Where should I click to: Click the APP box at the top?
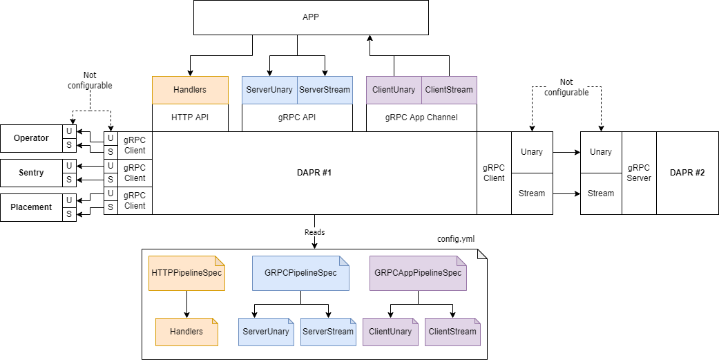(x=311, y=17)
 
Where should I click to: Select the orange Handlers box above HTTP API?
(x=190, y=90)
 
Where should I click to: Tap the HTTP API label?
(x=190, y=117)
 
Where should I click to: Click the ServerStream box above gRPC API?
(x=325, y=90)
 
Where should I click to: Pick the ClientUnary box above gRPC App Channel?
(x=394, y=90)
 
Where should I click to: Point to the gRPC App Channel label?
(x=421, y=117)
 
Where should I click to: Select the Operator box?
(x=31, y=138)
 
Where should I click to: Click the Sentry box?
(x=31, y=173)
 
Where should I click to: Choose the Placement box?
(x=31, y=207)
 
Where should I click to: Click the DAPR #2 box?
(x=687, y=173)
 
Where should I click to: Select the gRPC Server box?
(x=639, y=173)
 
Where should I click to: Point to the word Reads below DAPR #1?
(x=314, y=232)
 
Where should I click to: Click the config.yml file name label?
(x=456, y=239)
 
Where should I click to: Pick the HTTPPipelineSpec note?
(x=186, y=273)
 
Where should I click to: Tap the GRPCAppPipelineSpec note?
(x=418, y=273)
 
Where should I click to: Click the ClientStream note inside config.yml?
(x=452, y=332)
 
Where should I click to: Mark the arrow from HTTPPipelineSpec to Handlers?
(x=186, y=304)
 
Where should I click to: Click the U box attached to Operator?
(x=69, y=131)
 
